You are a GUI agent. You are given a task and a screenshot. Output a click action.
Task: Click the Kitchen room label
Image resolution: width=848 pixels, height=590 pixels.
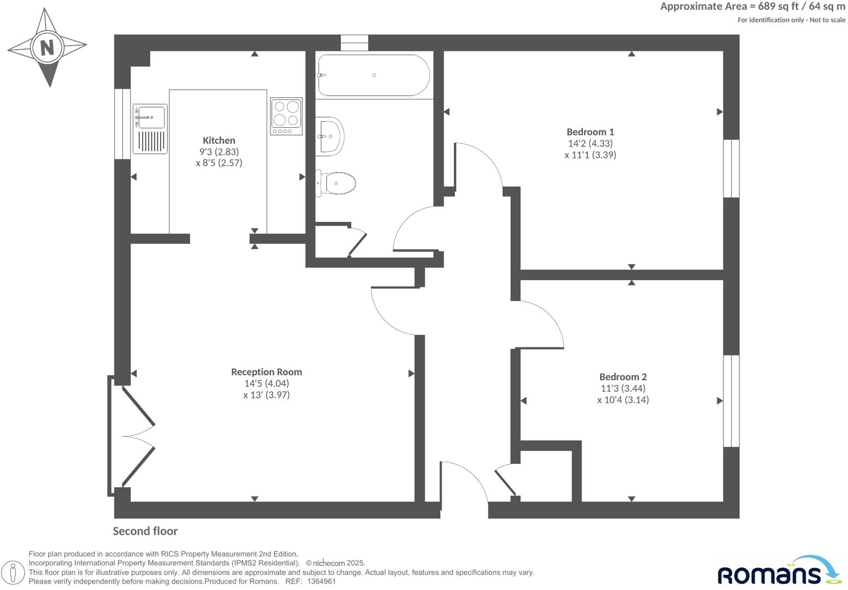click(219, 140)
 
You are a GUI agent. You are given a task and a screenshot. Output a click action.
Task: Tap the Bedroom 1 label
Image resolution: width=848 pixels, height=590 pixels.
click(590, 132)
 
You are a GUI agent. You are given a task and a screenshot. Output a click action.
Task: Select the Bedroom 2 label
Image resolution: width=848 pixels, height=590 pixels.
click(623, 376)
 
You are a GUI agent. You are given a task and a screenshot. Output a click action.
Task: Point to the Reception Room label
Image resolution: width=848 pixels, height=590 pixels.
click(266, 371)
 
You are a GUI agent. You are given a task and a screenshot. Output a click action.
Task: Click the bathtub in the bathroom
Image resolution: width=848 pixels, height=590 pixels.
click(374, 75)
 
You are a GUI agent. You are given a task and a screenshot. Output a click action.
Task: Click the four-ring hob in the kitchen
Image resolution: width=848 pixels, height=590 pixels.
click(286, 116)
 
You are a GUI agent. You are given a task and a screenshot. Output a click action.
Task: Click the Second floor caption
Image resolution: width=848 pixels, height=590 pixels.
click(145, 531)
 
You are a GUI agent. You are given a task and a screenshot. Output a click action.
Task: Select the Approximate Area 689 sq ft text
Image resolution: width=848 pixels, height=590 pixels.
click(752, 7)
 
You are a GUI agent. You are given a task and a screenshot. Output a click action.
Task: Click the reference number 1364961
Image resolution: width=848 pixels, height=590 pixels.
click(321, 581)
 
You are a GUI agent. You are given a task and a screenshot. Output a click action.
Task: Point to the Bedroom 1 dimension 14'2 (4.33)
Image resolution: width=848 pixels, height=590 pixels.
click(590, 143)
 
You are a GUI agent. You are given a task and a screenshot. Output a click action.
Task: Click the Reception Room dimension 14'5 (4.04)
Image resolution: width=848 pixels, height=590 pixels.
click(266, 383)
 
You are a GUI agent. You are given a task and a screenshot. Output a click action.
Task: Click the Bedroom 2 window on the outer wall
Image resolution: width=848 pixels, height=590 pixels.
click(731, 400)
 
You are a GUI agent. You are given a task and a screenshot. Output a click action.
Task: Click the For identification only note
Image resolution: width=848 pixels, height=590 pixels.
click(791, 20)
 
